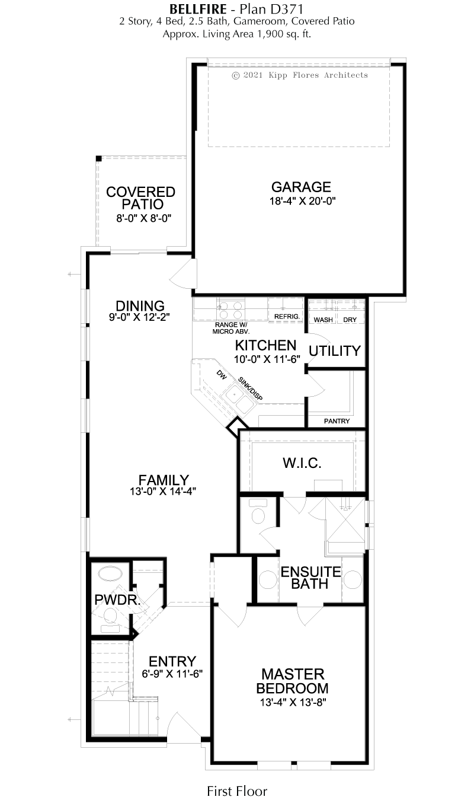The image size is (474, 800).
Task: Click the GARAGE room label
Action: [301, 187]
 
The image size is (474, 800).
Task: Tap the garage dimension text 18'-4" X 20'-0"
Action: [302, 201]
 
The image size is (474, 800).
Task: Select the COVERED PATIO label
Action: [140, 198]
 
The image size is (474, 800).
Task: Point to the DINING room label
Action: [140, 306]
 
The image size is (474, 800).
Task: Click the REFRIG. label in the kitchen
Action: [287, 317]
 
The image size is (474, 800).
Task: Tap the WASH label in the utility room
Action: [323, 320]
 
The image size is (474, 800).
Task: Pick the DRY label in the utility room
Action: [350, 320]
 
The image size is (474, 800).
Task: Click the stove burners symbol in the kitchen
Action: [230, 310]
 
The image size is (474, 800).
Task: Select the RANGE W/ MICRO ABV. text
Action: [231, 328]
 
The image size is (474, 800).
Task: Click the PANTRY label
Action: [337, 421]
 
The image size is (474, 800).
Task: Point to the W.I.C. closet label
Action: [302, 463]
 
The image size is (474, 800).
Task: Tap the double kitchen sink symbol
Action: [238, 399]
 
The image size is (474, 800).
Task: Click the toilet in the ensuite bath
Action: [258, 511]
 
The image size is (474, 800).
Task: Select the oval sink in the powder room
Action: [110, 574]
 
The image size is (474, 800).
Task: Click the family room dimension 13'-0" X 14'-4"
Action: [163, 492]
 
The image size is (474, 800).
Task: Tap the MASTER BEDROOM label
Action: [292, 681]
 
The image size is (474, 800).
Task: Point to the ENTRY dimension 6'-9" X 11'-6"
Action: [172, 674]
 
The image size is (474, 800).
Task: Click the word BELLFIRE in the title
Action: [198, 9]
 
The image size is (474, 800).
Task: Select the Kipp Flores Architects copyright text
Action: [300, 75]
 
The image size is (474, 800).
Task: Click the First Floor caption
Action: [237, 791]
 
